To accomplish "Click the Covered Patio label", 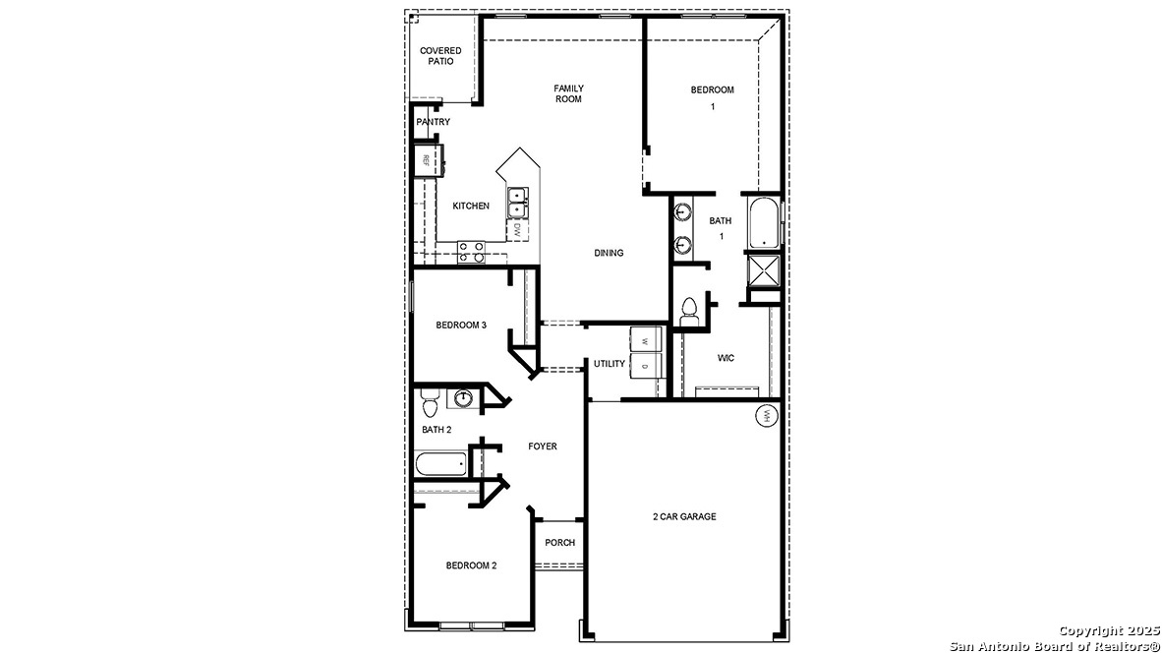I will click(441, 56).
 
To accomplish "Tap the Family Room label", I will click(568, 93).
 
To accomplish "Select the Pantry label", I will click(433, 122).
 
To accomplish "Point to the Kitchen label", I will click(471, 207).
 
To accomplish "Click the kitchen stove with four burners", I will click(471, 252).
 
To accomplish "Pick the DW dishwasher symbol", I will click(516, 230).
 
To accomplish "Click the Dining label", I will click(609, 253).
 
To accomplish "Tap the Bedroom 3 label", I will click(461, 326).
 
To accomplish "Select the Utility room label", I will click(609, 364).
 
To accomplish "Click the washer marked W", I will click(645, 340).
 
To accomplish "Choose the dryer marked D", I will click(645, 367).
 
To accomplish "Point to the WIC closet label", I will click(726, 358).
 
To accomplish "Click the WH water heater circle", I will click(765, 417).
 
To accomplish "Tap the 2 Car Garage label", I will click(684, 516).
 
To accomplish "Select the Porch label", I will click(560, 543).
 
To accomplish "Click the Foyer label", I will click(543, 446).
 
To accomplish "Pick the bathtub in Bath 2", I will click(440, 464).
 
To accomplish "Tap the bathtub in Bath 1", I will click(763, 224).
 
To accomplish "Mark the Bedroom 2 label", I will click(471, 565).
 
